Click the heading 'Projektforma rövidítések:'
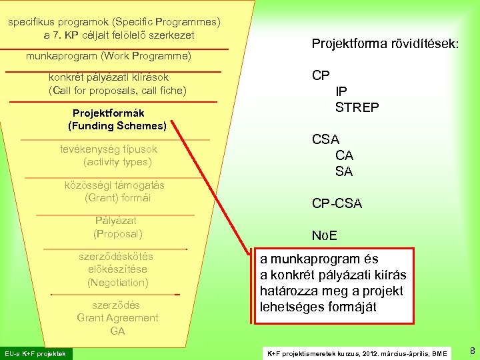(x=385, y=43)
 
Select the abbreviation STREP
(x=357, y=107)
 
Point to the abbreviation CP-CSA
(x=337, y=203)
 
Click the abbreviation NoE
(x=325, y=235)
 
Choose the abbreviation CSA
(x=325, y=139)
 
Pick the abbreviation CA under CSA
(x=344, y=155)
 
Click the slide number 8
(x=472, y=351)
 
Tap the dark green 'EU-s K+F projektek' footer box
(x=37, y=353)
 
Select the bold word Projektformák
(x=108, y=113)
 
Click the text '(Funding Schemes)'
(x=117, y=125)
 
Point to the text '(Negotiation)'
(x=117, y=282)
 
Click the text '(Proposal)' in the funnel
(x=117, y=233)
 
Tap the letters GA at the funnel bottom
(x=117, y=331)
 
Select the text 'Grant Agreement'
(x=117, y=317)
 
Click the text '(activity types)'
(x=117, y=161)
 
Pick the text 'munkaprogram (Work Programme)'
(x=108, y=56)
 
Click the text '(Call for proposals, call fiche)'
(x=117, y=90)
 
